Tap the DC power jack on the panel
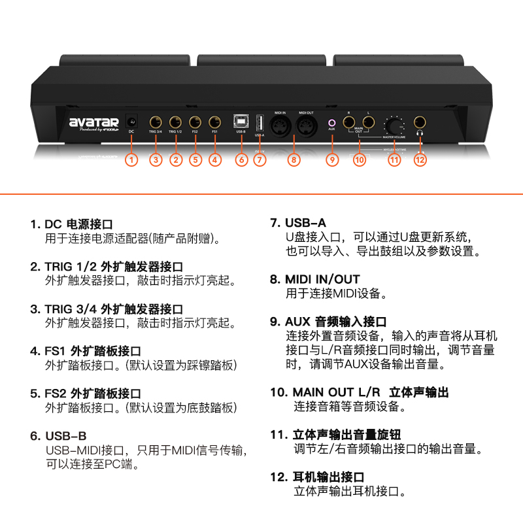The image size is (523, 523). point(131,122)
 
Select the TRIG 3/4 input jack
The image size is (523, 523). point(156,122)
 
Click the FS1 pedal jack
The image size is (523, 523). point(214,122)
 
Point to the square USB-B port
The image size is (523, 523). point(241,122)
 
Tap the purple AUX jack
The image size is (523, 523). point(332,122)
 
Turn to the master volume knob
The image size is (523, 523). point(394,124)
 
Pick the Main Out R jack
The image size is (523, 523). point(349,122)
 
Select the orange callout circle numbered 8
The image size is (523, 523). point(293,159)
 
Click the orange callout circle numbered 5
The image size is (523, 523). point(195,159)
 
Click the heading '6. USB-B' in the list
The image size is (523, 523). point(59,435)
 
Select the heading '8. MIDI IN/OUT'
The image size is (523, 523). point(316,279)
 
